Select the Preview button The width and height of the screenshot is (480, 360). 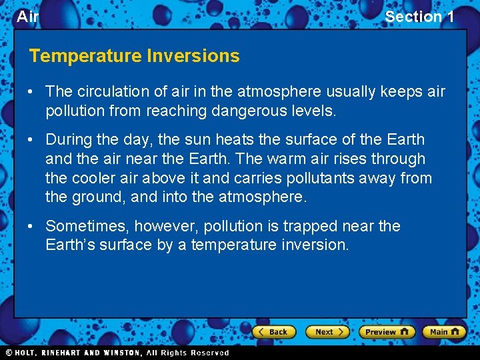(386, 331)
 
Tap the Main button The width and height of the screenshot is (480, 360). (444, 331)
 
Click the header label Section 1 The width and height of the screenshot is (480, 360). (419, 17)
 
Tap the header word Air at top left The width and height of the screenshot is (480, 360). (27, 17)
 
